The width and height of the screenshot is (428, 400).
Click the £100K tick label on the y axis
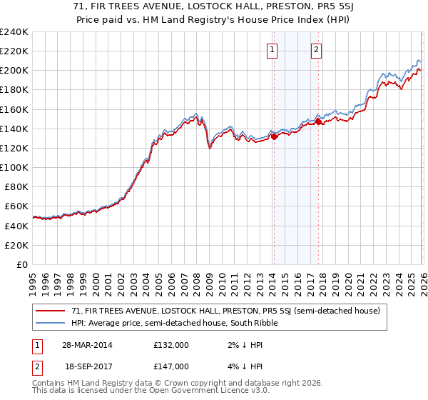(x=14, y=167)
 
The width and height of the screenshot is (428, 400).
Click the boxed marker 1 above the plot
(x=273, y=50)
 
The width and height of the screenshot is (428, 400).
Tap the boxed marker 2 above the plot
(x=316, y=50)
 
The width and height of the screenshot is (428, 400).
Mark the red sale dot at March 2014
(x=274, y=136)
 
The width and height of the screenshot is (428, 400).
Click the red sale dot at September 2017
(x=318, y=122)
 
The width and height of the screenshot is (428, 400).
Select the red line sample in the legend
(x=51, y=311)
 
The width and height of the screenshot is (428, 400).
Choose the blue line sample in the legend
(x=51, y=323)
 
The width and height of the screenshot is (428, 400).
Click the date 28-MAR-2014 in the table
(x=88, y=344)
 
